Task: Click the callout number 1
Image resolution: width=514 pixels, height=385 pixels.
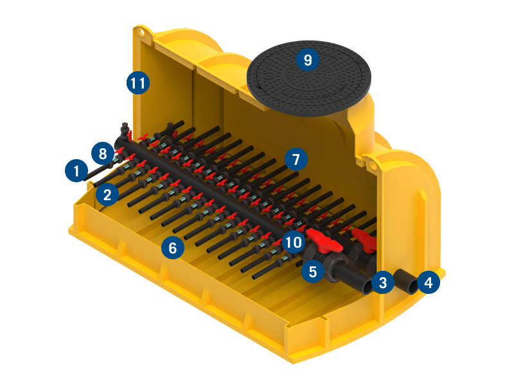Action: (x=76, y=171)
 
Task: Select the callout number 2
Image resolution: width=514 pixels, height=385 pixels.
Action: (x=107, y=194)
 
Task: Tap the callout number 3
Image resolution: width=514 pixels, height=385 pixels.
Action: (x=383, y=282)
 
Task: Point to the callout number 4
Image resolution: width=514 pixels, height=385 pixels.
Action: (x=429, y=282)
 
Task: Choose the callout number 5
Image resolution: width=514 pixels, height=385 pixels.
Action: (x=313, y=271)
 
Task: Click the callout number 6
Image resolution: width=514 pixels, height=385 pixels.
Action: (x=173, y=248)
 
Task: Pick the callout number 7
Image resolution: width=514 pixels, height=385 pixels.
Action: (x=296, y=159)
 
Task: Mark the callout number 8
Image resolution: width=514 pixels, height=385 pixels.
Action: (x=103, y=153)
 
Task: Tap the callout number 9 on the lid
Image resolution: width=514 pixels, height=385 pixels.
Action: (x=308, y=60)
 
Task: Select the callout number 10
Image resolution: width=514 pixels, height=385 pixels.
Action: (x=294, y=243)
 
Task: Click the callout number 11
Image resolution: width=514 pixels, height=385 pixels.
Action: (x=138, y=83)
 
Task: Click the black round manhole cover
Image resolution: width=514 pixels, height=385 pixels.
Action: (x=309, y=78)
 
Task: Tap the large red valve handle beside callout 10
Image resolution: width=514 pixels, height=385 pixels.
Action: (x=324, y=241)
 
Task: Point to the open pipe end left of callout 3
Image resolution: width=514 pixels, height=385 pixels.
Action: (x=367, y=287)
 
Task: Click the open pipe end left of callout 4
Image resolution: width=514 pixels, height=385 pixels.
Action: (x=412, y=287)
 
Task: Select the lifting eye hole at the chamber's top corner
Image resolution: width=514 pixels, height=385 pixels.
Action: (x=141, y=32)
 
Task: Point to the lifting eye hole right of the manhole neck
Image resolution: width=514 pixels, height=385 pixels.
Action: (x=372, y=164)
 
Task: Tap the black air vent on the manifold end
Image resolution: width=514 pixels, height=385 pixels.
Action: (x=125, y=130)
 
